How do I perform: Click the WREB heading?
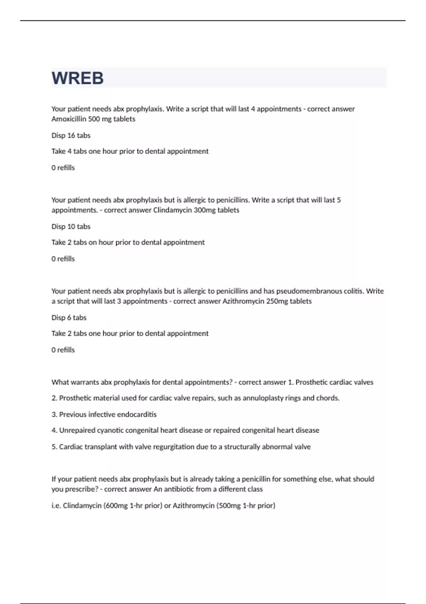[77, 78]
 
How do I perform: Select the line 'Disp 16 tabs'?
[71, 135]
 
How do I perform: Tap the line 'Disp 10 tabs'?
[71, 226]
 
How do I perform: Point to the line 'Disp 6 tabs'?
[69, 318]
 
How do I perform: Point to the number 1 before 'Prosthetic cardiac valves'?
[290, 382]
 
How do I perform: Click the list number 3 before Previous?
[54, 414]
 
